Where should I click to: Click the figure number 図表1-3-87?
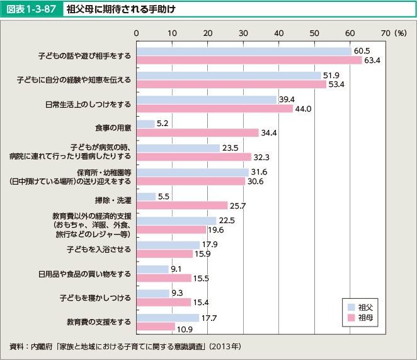click(x=31, y=9)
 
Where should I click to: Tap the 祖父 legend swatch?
click(x=350, y=307)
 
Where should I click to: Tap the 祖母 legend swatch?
click(x=350, y=317)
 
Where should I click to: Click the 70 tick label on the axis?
click(x=386, y=32)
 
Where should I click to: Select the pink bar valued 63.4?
click(x=249, y=61)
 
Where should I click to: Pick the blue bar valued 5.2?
click(x=146, y=124)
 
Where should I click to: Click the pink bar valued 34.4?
click(x=198, y=133)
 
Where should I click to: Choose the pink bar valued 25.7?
click(x=182, y=206)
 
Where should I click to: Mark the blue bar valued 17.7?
click(x=168, y=318)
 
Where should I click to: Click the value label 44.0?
click(x=304, y=109)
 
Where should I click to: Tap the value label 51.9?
click(x=332, y=75)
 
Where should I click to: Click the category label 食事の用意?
click(x=113, y=129)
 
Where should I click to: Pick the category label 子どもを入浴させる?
click(x=100, y=249)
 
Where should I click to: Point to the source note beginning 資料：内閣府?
click(x=125, y=346)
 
